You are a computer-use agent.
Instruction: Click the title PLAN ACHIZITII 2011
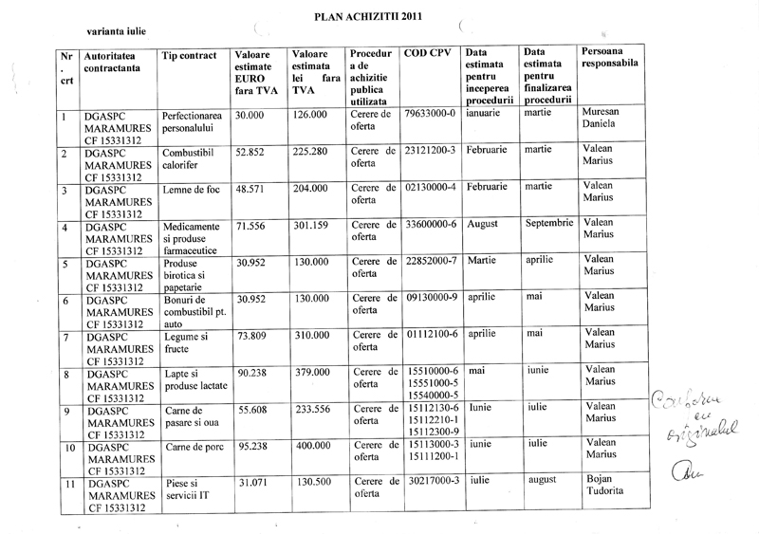pyautogui.click(x=369, y=16)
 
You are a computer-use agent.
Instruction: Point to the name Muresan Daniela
pyautogui.click(x=603, y=119)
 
